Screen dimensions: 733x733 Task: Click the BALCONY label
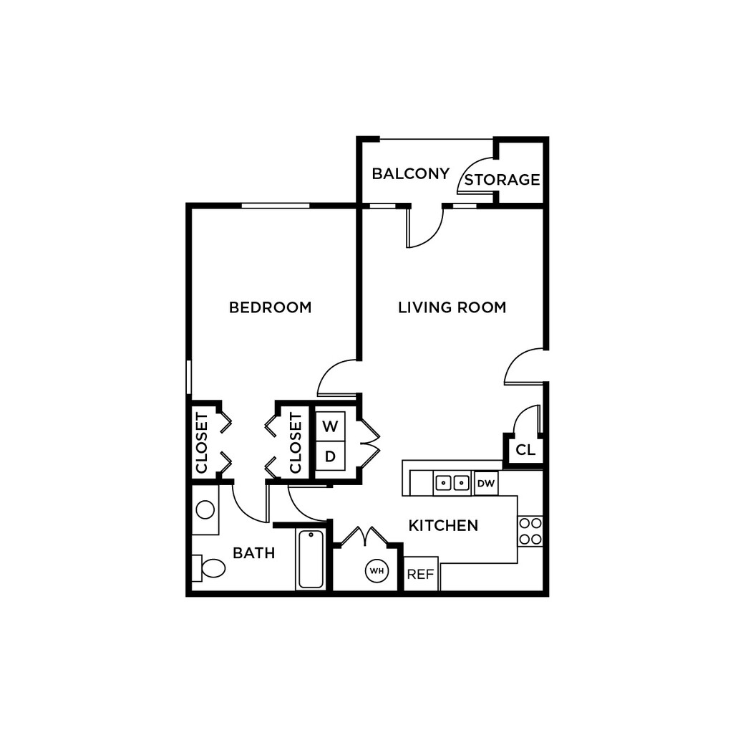pos(410,173)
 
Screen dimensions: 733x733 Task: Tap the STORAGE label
pos(502,179)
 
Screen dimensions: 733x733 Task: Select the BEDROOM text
pos(270,307)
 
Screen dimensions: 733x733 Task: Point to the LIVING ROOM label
pos(452,307)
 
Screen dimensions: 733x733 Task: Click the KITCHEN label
pos(443,526)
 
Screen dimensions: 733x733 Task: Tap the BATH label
pos(253,553)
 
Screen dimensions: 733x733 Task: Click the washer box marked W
pos(330,426)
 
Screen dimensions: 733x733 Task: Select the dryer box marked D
pos(330,456)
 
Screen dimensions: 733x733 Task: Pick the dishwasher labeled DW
pos(486,484)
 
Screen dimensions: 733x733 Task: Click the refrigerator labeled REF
pos(420,574)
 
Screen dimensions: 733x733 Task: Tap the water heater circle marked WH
pos(377,571)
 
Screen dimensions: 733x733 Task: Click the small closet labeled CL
pos(525,451)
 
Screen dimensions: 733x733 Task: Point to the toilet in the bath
pos(209,568)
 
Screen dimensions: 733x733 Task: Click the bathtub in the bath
pos(311,559)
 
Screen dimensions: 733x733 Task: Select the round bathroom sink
pos(205,510)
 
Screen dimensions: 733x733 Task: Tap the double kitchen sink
pos(452,484)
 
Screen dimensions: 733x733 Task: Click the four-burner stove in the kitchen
pos(530,531)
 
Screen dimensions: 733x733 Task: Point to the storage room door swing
pos(475,176)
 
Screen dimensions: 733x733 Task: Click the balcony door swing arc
pos(424,228)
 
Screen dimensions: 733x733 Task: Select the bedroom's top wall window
pos(276,206)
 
